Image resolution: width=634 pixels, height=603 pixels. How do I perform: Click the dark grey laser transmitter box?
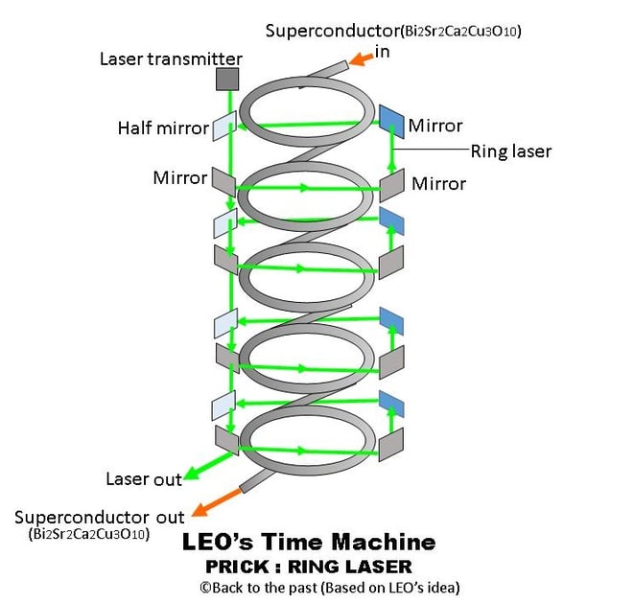pos(227,80)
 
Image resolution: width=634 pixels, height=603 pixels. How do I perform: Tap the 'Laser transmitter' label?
pos(171,58)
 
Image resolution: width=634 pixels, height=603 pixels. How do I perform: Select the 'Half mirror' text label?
pos(163,128)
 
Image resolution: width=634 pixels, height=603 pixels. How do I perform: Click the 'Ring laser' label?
pos(510,151)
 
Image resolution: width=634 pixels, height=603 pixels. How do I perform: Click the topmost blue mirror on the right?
pos(392,118)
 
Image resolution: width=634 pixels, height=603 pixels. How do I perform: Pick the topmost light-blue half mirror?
pos(223,125)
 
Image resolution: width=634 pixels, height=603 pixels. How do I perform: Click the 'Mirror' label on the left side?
pos(179,177)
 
